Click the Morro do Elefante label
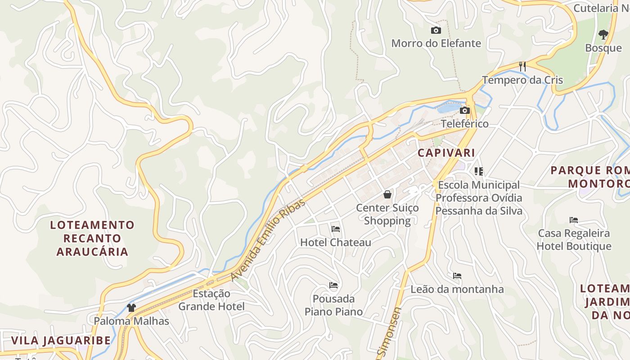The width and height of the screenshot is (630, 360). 436,43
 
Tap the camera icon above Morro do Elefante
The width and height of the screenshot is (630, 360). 436,31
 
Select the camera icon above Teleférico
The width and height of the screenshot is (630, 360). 465,111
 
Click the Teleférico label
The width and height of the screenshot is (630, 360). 464,124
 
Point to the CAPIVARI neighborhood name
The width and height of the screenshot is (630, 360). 446,153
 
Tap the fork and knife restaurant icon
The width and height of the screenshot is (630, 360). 522,67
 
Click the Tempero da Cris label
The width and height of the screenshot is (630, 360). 522,80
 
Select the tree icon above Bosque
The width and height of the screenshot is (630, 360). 603,34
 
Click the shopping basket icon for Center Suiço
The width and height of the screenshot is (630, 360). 387,194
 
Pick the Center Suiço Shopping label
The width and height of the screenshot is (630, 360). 387,214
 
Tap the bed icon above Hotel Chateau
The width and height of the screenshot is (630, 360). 335,229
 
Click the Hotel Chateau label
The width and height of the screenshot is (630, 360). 336,243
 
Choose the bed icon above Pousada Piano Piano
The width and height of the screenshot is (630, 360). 333,285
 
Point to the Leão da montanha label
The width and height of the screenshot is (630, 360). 457,289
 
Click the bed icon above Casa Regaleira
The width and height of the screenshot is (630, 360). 573,220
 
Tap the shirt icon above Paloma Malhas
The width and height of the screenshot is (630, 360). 131,308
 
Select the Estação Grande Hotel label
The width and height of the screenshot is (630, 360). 211,300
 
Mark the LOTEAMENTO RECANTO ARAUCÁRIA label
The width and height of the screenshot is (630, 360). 92,238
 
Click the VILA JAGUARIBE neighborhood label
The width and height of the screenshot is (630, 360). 61,340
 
